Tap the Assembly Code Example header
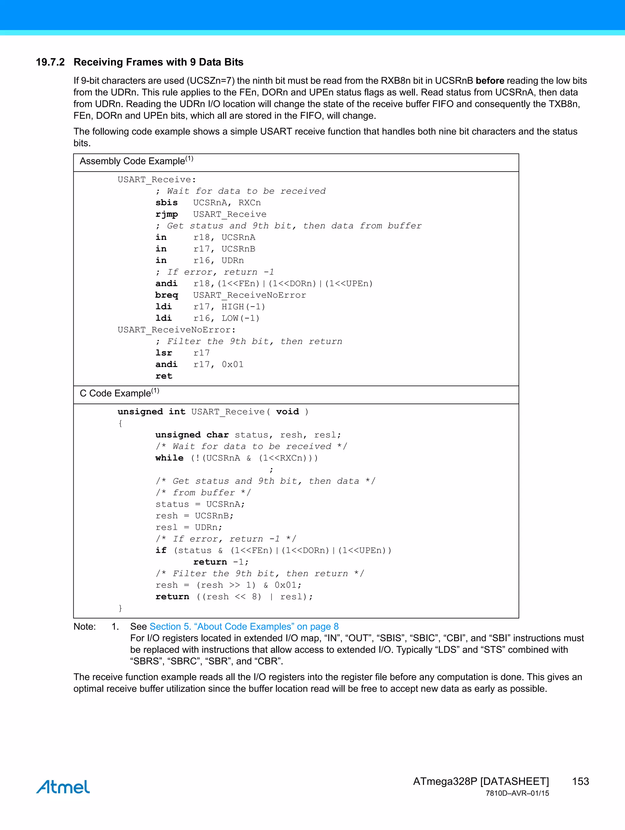136,161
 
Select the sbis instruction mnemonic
167,203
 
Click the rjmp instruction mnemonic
167,214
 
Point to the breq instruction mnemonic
167,295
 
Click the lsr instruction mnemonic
164,353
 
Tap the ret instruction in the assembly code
164,376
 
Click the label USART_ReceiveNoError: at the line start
176,330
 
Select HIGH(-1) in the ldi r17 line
243,307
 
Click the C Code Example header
119,393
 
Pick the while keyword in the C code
169,458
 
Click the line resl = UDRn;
189,527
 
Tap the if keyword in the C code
161,550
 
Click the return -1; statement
221,562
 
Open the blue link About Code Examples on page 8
244,627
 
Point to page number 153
580,781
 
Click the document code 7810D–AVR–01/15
517,793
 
